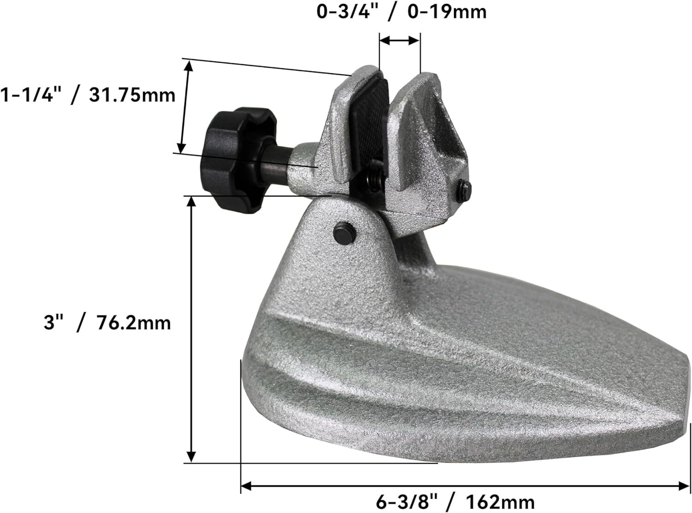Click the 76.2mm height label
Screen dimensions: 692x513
point(133,322)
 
